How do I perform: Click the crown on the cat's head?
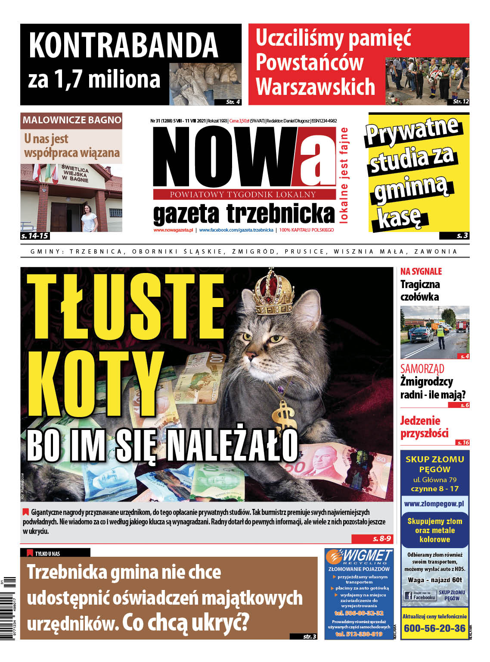pyautogui.click(x=272, y=293)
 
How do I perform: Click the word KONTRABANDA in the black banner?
pyautogui.click(x=124, y=45)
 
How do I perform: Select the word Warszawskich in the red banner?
pyautogui.click(x=316, y=87)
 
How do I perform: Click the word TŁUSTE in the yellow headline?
pyautogui.click(x=126, y=307)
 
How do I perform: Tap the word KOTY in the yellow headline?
pyautogui.click(x=95, y=384)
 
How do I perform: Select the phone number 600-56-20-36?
pyautogui.click(x=434, y=628)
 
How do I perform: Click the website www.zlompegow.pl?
pyautogui.click(x=434, y=503)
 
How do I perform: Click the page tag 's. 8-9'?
pyautogui.click(x=381, y=539)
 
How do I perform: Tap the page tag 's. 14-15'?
pyautogui.click(x=34, y=236)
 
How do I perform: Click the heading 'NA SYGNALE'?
pyautogui.click(x=421, y=271)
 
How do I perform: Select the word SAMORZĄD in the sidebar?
pyautogui.click(x=422, y=369)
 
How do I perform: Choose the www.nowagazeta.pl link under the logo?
pyautogui.click(x=173, y=230)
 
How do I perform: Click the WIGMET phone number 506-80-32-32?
pyautogui.click(x=359, y=613)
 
